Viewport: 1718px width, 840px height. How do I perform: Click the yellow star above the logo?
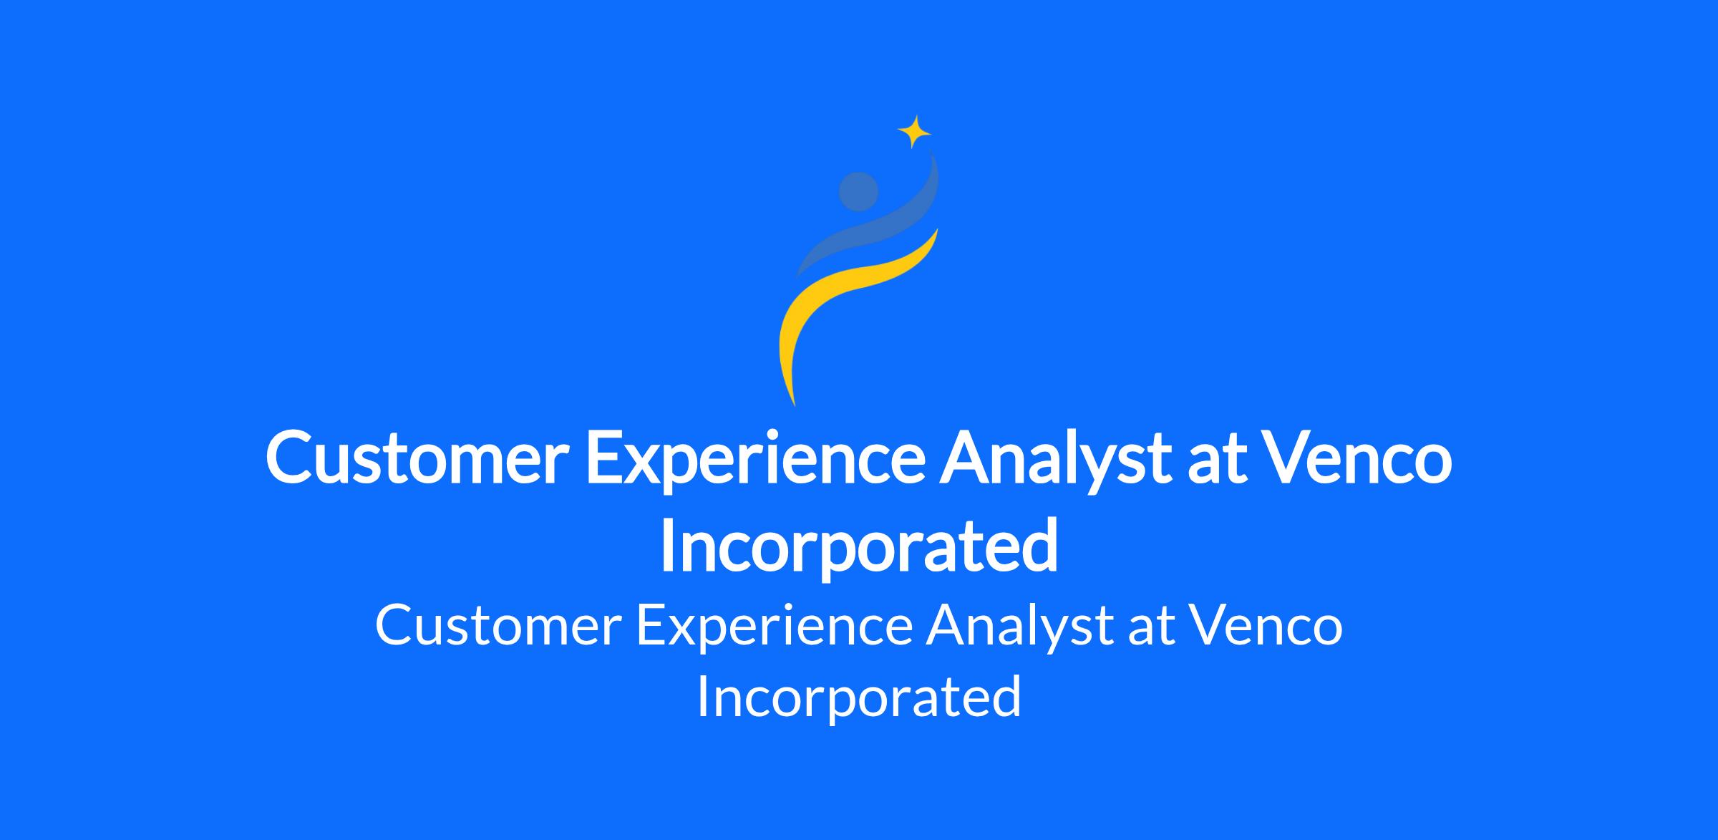(914, 132)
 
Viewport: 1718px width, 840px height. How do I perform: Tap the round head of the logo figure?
(858, 192)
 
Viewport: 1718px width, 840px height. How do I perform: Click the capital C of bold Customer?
(291, 458)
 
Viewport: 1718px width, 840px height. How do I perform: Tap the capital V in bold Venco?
(1285, 458)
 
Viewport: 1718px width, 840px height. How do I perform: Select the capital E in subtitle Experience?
(651, 625)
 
